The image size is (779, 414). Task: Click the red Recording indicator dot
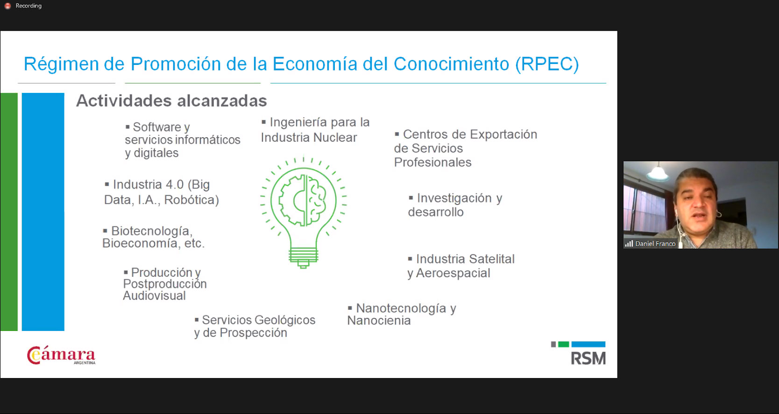7,6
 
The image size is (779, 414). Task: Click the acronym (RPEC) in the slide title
547,64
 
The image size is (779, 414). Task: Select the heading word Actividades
124,101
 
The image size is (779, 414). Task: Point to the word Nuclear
335,138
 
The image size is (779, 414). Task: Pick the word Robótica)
191,200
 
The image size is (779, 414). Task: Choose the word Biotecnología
152,231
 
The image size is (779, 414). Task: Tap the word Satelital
492,259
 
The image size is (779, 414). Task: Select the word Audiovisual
154,296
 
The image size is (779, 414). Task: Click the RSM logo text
588,358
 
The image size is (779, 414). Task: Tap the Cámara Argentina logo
61,355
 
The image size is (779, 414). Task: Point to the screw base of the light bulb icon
303,258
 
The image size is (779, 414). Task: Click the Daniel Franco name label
655,244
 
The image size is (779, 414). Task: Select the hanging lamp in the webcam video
658,173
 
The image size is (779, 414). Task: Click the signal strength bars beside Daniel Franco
629,244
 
